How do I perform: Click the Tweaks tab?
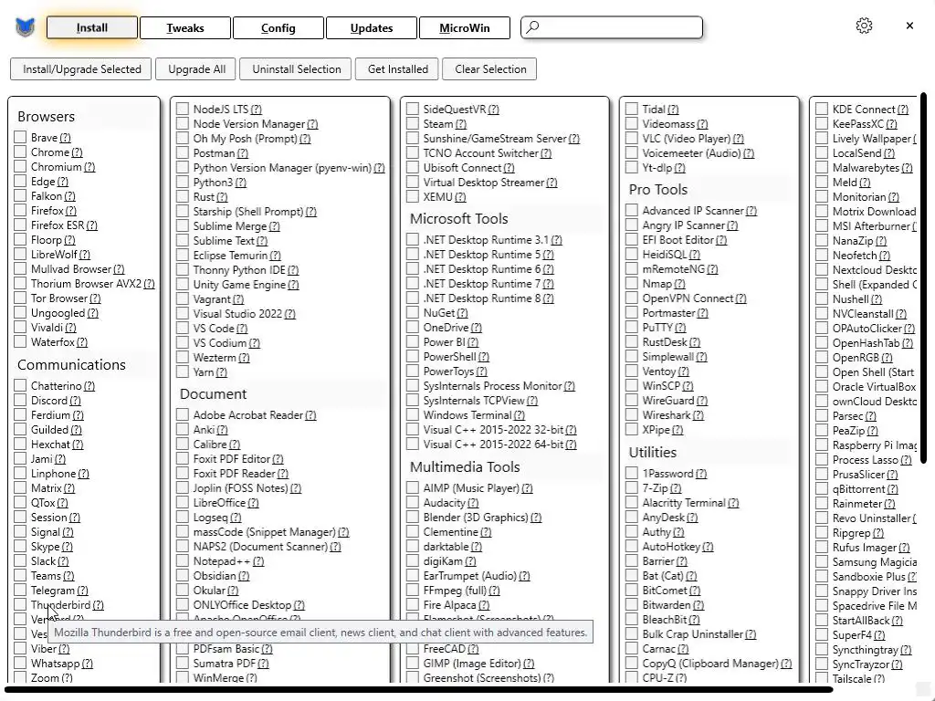coord(185,28)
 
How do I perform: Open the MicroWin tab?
coord(464,28)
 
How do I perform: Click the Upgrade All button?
coord(196,69)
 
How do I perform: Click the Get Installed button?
coord(397,69)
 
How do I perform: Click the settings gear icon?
coord(864,26)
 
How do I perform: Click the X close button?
coord(909,26)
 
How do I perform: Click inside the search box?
coord(621,27)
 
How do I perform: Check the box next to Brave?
coord(20,138)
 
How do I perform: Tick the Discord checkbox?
coord(20,401)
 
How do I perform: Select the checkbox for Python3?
coord(183,183)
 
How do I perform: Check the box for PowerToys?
coord(413,371)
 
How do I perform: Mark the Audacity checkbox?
coord(413,503)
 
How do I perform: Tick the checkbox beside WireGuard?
coord(632,401)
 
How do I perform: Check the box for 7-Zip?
coord(632,488)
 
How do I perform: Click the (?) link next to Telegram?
coord(83,591)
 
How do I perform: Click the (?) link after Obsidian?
coord(245,576)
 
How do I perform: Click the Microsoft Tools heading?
coord(458,219)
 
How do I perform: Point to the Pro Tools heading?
coord(657,190)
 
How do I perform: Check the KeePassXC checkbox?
coord(822,124)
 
